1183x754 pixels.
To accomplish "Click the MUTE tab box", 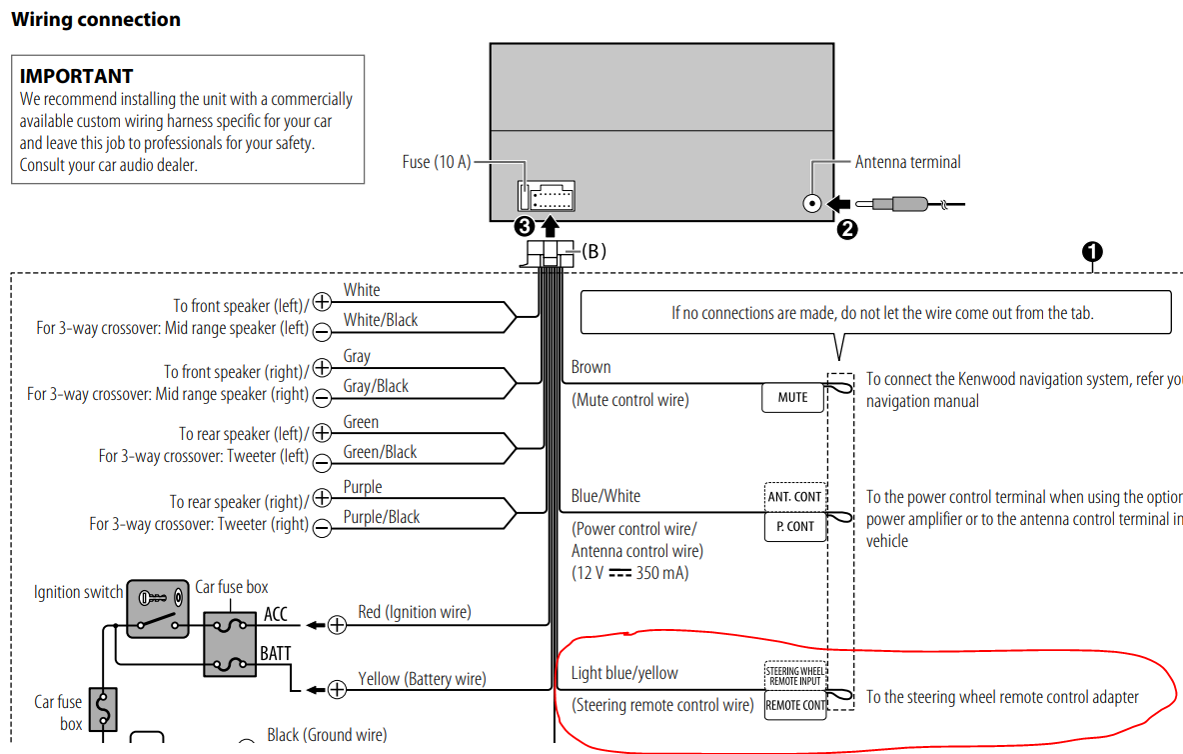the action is click(x=792, y=397).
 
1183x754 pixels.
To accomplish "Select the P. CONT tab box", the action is click(x=795, y=527).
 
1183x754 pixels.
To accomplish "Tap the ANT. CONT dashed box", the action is click(x=795, y=497).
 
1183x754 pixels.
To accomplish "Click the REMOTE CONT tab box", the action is click(x=795, y=705).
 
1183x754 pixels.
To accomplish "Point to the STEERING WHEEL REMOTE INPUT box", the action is click(x=795, y=676).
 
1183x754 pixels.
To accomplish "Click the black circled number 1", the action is click(x=1092, y=251).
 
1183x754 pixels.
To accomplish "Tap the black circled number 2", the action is click(x=847, y=229).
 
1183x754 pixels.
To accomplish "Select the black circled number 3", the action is click(x=525, y=226).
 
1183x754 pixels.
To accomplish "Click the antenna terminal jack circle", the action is click(x=811, y=204).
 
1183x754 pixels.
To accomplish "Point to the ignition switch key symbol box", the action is click(x=158, y=608).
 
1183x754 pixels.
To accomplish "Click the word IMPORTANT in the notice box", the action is click(x=76, y=76).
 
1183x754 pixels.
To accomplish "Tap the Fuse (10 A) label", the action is click(x=436, y=162).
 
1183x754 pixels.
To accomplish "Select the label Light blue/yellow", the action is click(x=623, y=673).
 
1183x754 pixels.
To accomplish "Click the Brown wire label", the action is click(x=591, y=368).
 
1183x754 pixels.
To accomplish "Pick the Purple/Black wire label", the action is click(x=381, y=517).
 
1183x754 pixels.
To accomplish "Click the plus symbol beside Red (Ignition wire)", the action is click(x=337, y=625).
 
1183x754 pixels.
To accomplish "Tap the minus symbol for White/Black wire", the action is click(x=322, y=331).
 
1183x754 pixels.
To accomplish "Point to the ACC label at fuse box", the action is click(x=276, y=614).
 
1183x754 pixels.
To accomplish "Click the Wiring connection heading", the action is click(x=96, y=20).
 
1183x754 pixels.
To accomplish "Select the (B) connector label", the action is click(x=593, y=251).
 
